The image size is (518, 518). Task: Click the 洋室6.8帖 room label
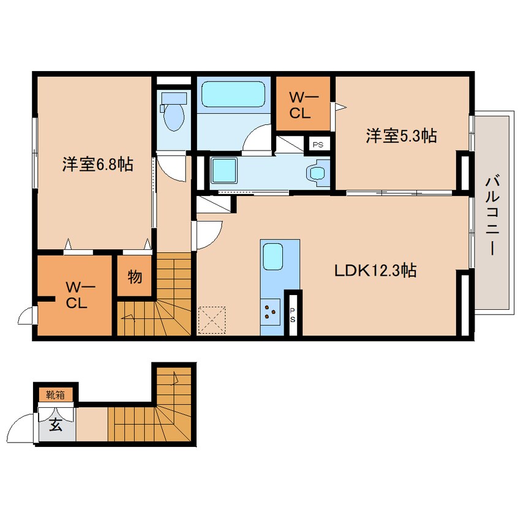point(98,164)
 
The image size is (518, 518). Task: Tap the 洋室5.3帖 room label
point(401,136)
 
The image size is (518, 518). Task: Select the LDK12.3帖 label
point(375,270)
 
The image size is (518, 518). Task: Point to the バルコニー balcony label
point(492,216)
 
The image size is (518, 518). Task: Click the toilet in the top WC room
point(173,112)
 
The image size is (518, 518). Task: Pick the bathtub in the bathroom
point(233,94)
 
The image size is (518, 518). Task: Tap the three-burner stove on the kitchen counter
point(270,312)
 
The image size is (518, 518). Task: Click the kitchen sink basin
point(272,257)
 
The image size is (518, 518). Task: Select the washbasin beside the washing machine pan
point(317,173)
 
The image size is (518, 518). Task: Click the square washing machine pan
point(224,170)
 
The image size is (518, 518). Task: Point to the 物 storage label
point(135,277)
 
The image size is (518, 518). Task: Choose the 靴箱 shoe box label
point(55,394)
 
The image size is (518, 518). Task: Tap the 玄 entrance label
point(56,425)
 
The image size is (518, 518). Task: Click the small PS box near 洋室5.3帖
point(318,145)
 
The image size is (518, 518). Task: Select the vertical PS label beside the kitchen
point(292,315)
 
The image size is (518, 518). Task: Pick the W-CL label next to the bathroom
point(303,105)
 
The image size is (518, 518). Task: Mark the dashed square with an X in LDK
point(212,320)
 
